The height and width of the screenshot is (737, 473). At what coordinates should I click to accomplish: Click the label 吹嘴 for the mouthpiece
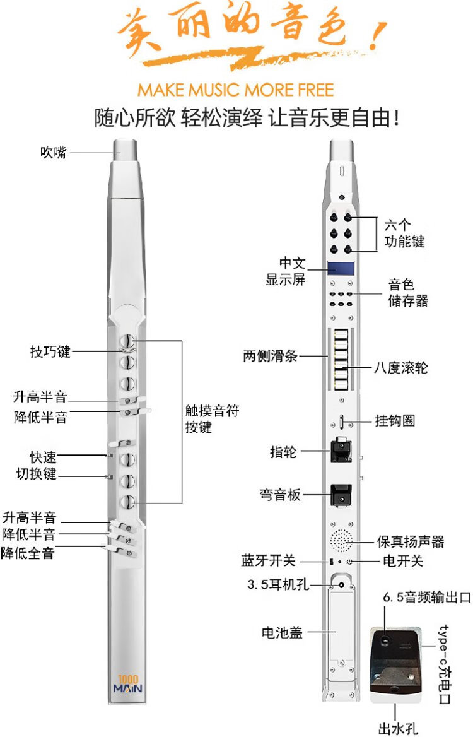pyautogui.click(x=54, y=152)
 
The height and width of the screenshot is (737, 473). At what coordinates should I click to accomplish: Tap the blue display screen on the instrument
pyautogui.click(x=341, y=269)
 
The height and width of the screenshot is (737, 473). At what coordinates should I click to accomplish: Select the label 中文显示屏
pyautogui.click(x=286, y=271)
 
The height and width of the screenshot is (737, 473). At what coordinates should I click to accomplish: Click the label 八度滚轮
pyautogui.click(x=400, y=367)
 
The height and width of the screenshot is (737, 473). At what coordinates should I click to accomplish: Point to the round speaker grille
pyautogui.click(x=341, y=541)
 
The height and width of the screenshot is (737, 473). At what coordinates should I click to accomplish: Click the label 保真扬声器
pyautogui.click(x=411, y=541)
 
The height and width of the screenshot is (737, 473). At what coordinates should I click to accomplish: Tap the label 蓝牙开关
pyautogui.click(x=268, y=561)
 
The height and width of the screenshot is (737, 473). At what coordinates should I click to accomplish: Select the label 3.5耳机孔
pyautogui.click(x=278, y=584)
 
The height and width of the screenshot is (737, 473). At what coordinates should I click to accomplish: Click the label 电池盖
pyautogui.click(x=282, y=633)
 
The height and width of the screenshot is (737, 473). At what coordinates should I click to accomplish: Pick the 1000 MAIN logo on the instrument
pyautogui.click(x=128, y=685)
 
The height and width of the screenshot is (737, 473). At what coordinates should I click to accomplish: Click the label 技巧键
pyautogui.click(x=50, y=351)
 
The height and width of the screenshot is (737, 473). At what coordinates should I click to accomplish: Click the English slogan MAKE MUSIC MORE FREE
pyautogui.click(x=236, y=90)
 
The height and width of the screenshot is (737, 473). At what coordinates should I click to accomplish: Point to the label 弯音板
pyautogui.click(x=280, y=495)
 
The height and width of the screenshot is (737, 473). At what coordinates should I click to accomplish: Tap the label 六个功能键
pyautogui.click(x=404, y=233)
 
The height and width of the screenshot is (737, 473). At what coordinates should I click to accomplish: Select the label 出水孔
pyautogui.click(x=398, y=728)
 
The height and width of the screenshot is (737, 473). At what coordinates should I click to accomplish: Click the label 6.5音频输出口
pyautogui.click(x=426, y=597)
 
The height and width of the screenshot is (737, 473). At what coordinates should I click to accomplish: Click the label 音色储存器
pyautogui.click(x=407, y=292)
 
